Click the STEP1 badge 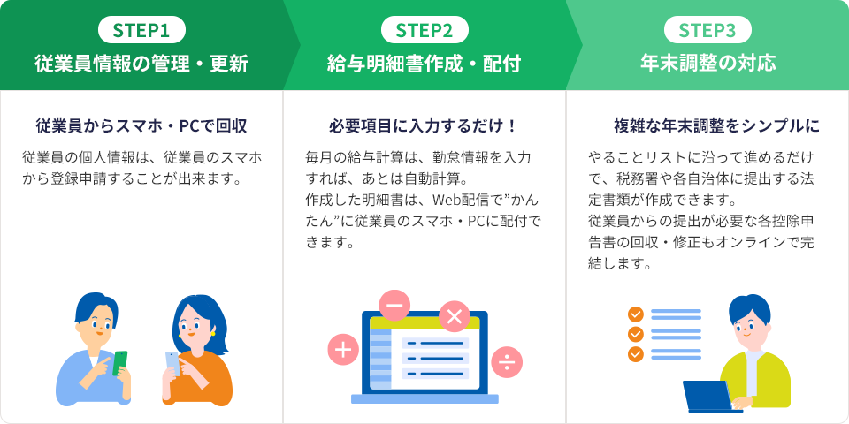pos(141,30)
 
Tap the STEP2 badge pos(424,30)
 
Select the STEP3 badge pos(707,30)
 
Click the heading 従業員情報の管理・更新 pos(141,64)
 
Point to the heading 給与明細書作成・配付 pos(424,64)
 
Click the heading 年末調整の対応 pos(707,64)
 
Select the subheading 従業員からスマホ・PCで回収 pos(141,126)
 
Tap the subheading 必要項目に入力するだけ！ pos(424,126)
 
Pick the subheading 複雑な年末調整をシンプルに pos(716,126)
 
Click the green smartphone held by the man pos(119,363)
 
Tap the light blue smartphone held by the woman pos(172,363)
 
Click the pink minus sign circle pos(394,306)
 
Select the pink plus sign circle pos(343,350)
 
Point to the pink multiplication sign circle pos(455,316)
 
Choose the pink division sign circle pos(507,361)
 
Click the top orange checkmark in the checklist pos(635,314)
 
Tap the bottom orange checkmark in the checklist pos(635,354)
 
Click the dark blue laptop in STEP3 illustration pos(708,396)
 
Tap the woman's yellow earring pos(212,333)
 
